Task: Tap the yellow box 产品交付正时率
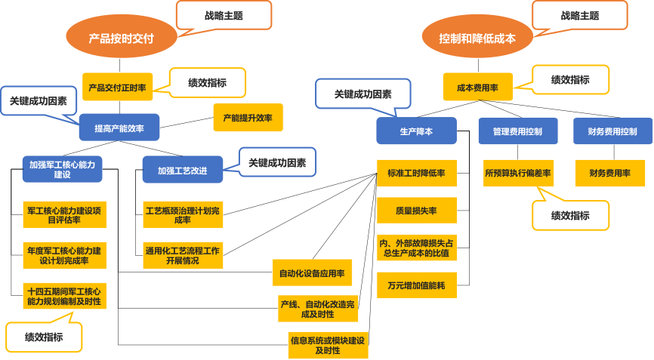117,87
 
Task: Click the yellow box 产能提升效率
248,117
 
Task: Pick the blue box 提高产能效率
119,128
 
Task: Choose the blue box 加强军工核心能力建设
62,169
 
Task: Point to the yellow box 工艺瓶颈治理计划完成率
183,214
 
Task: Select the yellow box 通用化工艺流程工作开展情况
183,255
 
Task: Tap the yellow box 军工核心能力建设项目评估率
63,215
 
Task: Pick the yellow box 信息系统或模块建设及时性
328,345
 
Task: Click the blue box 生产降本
416,131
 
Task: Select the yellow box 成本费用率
477,87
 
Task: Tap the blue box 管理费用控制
518,131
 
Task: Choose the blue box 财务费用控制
612,131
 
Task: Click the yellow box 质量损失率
416,211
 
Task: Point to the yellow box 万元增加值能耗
416,285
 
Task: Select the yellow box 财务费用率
610,173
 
